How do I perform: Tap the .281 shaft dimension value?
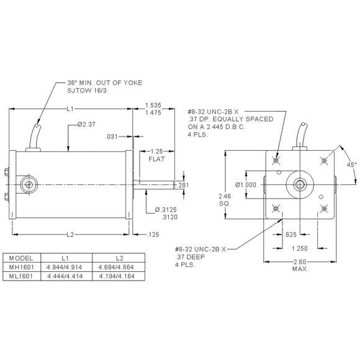(x=183, y=186)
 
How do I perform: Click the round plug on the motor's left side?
(x=27, y=184)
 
